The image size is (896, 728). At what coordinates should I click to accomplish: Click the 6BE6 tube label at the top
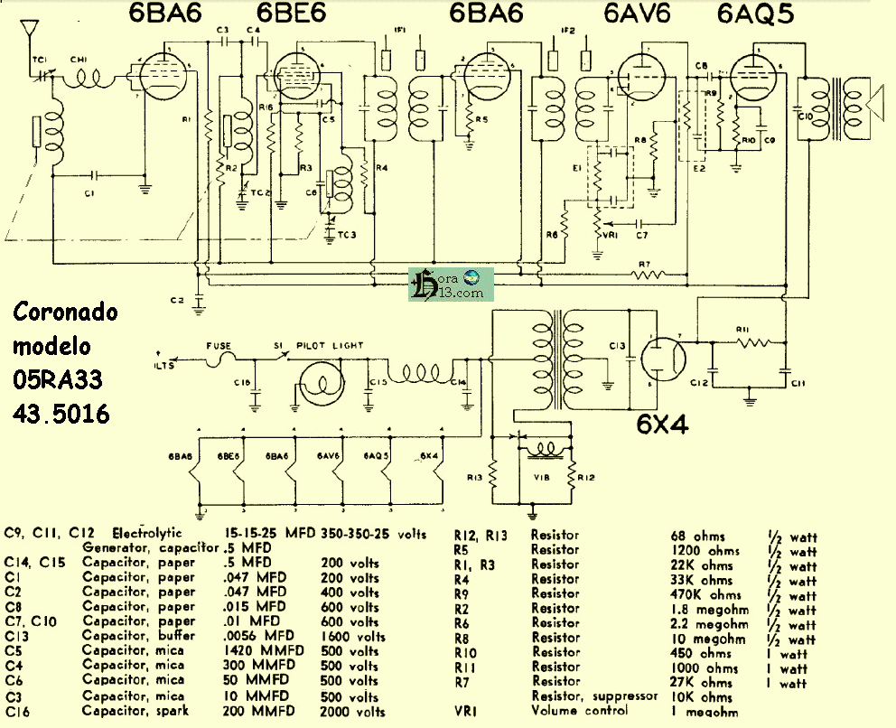[x=292, y=15]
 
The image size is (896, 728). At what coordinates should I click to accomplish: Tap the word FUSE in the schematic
[x=219, y=345]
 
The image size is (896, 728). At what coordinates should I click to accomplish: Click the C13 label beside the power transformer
[x=618, y=345]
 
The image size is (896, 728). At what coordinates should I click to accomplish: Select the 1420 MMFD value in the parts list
[x=259, y=651]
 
